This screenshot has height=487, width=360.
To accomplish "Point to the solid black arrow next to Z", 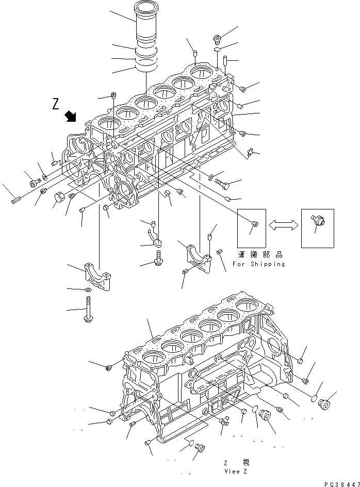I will [x=69, y=117].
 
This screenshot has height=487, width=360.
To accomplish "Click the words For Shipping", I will [x=258, y=264].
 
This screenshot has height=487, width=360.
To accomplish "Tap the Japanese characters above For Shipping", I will [x=260, y=255].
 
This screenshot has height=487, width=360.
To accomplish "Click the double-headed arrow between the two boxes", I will [x=284, y=224].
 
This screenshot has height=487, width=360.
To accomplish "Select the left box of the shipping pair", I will [x=251, y=228].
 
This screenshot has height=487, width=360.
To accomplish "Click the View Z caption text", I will [x=237, y=471].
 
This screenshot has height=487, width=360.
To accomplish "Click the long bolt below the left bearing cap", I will [x=86, y=312].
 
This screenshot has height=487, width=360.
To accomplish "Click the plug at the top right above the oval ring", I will [x=217, y=39].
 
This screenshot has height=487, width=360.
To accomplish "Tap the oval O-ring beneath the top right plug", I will [x=217, y=50].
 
